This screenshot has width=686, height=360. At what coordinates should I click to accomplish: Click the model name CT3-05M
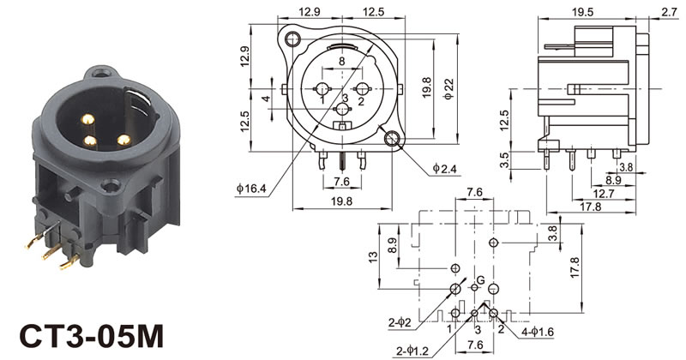tap(92, 336)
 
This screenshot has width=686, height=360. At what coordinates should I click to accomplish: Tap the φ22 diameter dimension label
tap(448, 89)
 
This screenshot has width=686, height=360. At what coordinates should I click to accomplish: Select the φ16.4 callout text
tap(251, 189)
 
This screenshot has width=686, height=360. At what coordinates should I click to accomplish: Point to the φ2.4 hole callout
tap(444, 168)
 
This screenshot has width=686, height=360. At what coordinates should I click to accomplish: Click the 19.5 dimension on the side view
tap(582, 12)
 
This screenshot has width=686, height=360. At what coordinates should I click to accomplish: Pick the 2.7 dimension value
tap(670, 12)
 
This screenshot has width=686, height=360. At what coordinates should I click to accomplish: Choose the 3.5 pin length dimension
tap(504, 160)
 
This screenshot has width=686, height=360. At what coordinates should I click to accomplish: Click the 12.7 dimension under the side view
tap(604, 193)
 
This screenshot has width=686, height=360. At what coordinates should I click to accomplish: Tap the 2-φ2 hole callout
tap(400, 323)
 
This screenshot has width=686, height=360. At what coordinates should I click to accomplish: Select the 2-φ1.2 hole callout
tap(412, 351)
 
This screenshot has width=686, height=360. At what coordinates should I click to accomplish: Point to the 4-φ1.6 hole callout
tap(538, 332)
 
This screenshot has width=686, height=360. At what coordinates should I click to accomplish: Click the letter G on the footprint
tap(480, 280)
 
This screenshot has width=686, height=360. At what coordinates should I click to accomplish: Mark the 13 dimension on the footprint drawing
tap(373, 257)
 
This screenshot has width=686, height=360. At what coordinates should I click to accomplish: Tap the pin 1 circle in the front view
tap(322, 89)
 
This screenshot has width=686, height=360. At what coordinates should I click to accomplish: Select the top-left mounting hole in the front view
tap(292, 39)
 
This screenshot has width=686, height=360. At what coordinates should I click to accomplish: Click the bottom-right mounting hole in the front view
tap(391, 138)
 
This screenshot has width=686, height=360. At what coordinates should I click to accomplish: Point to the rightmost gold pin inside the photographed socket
tap(123, 140)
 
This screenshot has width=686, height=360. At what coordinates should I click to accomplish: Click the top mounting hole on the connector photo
tap(101, 72)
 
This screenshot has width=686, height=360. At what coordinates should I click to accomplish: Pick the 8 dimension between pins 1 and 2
tap(341, 62)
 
